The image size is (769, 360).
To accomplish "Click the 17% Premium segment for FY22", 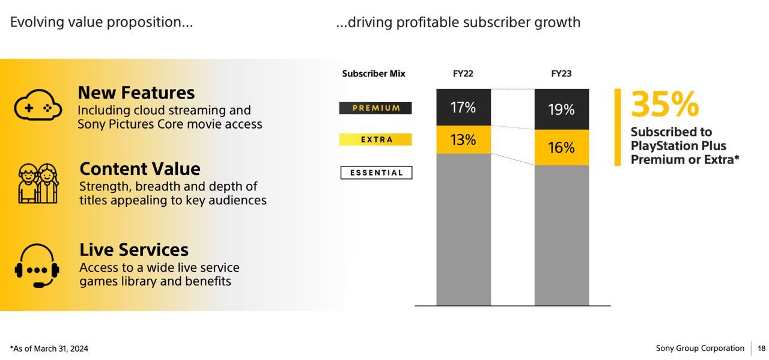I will point(463,108).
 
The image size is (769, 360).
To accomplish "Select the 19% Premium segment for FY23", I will point(561,109).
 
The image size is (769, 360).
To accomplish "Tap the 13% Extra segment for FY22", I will point(463,139).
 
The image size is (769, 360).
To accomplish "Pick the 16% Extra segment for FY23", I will point(561,147).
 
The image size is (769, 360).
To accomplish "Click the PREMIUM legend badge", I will point(375,108).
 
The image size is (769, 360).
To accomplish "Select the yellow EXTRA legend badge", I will point(375,139).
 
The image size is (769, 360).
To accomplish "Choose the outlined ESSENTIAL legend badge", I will point(376,173).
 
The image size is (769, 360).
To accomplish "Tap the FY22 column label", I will point(463,73).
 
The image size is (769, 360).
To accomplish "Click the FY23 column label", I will point(561,73).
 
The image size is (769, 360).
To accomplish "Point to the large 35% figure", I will point(664,105).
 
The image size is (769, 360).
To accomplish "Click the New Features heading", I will point(136,93).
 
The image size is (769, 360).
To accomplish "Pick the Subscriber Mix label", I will point(374,73).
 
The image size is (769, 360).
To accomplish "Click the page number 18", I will point(761,349).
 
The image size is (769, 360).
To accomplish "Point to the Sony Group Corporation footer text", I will point(700,349).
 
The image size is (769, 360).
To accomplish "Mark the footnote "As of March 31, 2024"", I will point(49,349).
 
